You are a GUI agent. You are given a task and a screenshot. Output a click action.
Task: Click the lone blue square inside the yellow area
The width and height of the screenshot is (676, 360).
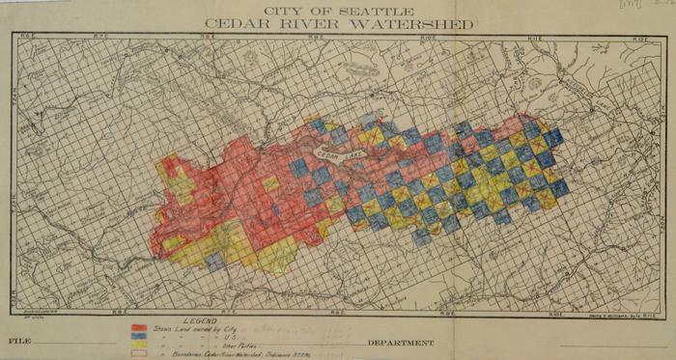(x=214, y=258)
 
